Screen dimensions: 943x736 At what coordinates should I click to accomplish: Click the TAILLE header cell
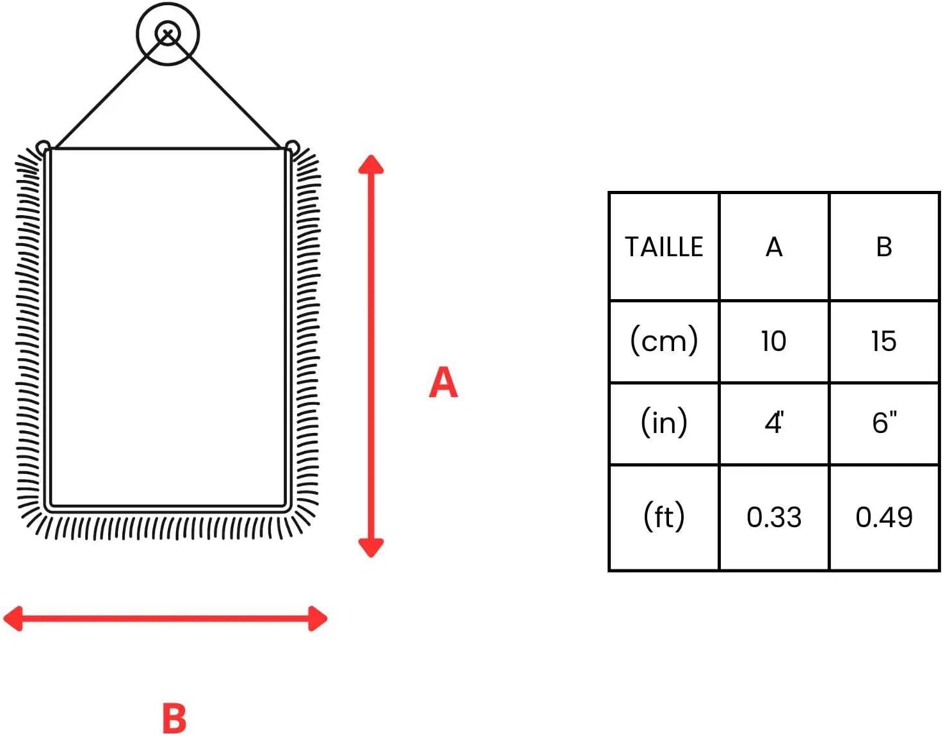point(663,247)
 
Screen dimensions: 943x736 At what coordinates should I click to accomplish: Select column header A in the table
point(774,247)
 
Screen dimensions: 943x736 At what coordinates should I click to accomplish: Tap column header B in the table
point(884,247)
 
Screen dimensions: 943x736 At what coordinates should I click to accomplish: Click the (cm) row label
point(663,341)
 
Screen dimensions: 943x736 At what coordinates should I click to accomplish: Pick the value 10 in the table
point(773,341)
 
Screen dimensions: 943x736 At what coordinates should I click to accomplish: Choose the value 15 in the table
point(883,341)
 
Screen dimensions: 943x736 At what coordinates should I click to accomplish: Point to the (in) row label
point(664,423)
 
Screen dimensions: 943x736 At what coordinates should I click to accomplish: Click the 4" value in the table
point(774,423)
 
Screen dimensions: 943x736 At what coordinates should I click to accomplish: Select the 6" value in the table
point(884,423)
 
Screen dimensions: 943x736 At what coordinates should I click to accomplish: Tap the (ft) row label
point(664,516)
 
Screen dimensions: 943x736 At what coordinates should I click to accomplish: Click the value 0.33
point(774,517)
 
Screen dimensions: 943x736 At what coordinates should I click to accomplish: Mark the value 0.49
point(884,517)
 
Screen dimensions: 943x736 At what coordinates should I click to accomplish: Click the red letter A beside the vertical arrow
point(443,382)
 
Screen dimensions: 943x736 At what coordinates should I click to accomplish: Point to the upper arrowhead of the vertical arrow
point(371,164)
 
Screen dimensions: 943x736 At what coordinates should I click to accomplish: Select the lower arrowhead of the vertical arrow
point(371,548)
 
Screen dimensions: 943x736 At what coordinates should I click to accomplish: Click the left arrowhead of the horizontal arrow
point(13,619)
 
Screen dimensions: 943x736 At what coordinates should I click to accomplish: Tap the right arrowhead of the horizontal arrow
point(318,619)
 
